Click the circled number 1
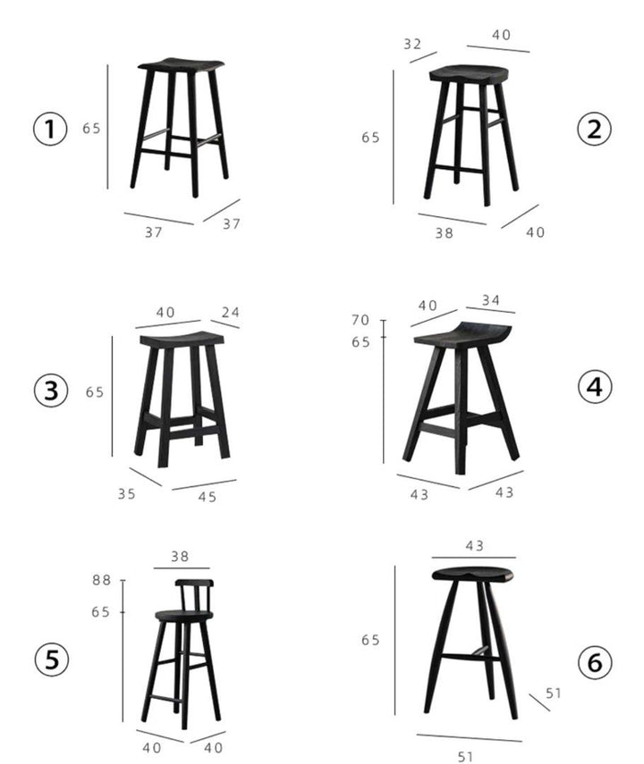click(50, 129)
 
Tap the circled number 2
click(594, 129)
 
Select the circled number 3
click(51, 390)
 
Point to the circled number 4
click(594, 387)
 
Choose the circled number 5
click(51, 659)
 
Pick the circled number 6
click(595, 662)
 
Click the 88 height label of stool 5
click(101, 580)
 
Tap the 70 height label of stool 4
click(360, 320)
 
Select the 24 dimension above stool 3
click(230, 313)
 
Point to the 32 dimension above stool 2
click(412, 45)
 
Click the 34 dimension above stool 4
click(491, 300)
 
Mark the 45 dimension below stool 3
click(207, 497)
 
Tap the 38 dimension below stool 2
click(444, 233)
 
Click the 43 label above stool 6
click(475, 546)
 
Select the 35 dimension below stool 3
click(126, 494)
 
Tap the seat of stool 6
click(473, 574)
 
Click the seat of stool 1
click(181, 65)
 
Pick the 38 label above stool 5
click(180, 557)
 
